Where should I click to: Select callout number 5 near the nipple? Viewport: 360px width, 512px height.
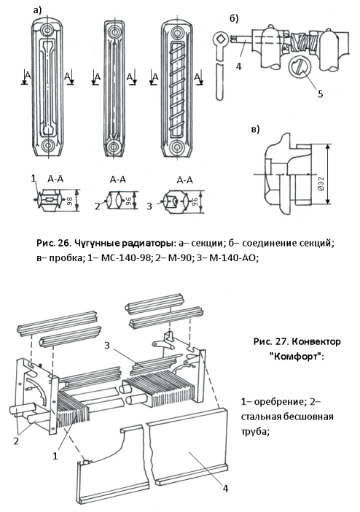pyautogui.click(x=320, y=94)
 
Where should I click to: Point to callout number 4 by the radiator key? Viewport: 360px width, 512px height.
pyautogui.click(x=238, y=66)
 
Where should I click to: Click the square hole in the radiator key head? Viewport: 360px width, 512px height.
pyautogui.click(x=221, y=39)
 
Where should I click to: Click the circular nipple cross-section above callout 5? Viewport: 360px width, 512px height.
pyautogui.click(x=300, y=66)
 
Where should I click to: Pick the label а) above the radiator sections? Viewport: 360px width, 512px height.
pyautogui.click(x=38, y=10)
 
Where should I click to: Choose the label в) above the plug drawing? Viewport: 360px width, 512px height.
pyautogui.click(x=255, y=129)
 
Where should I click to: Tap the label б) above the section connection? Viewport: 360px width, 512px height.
pyautogui.click(x=234, y=19)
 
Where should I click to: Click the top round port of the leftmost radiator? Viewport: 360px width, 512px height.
pyautogui.click(x=47, y=31)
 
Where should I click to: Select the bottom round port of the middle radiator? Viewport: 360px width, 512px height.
pyautogui.click(x=114, y=146)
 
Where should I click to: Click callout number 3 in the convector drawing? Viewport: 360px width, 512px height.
pyautogui.click(x=106, y=346)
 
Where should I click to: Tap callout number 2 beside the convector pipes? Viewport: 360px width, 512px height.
pyautogui.click(x=15, y=441)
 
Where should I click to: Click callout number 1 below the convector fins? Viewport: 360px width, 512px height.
pyautogui.click(x=55, y=456)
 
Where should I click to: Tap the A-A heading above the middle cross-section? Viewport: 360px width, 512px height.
pyautogui.click(x=118, y=179)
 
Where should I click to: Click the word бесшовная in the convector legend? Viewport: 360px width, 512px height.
pyautogui.click(x=308, y=416)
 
